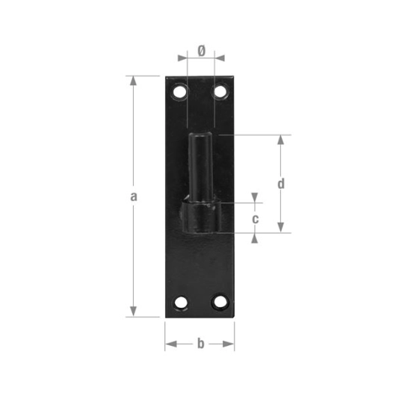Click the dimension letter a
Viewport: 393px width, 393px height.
point(133,196)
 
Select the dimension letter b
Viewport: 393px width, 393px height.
point(199,344)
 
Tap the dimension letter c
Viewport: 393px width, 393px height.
point(256,219)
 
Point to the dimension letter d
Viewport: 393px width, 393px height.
point(280,183)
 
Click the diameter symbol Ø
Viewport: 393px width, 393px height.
point(200,51)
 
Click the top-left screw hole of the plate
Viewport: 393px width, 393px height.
point(180,92)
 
